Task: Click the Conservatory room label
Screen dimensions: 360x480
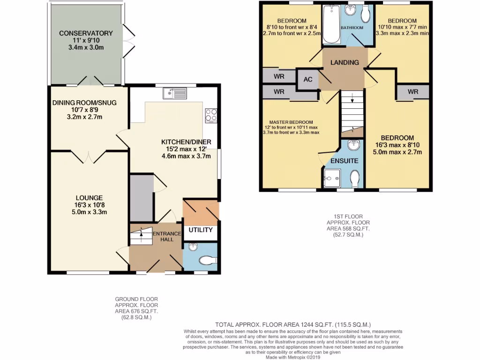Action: coord(86,33)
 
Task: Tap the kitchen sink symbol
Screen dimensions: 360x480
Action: coord(175,93)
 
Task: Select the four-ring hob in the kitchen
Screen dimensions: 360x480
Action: coord(211,115)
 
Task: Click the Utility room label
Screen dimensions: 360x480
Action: coord(201,230)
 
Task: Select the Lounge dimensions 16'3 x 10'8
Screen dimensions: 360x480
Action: coord(87,205)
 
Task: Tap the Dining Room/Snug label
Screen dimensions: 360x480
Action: coord(84,103)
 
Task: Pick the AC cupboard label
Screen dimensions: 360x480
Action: coord(308,79)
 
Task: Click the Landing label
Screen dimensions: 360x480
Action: coord(345,62)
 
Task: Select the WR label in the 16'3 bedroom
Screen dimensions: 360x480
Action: coord(412,92)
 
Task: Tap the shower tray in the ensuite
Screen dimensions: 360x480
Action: coord(332,179)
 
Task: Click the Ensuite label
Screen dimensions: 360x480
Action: coord(345,161)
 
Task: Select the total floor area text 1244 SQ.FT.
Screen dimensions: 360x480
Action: coord(293,324)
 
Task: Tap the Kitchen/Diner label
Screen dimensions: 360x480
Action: coord(186,142)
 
